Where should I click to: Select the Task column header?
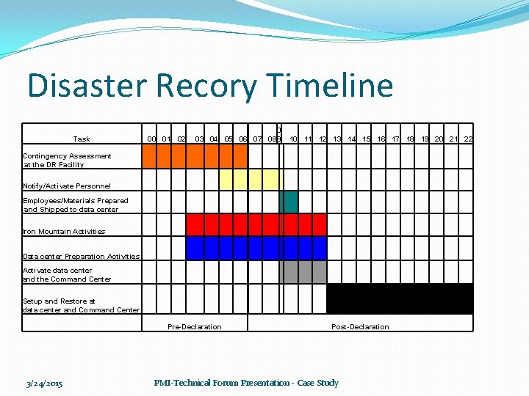point(82,139)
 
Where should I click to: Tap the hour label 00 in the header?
point(151,139)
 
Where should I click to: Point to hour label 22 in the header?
point(468,139)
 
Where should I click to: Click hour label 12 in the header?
point(322,139)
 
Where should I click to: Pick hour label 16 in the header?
point(381,139)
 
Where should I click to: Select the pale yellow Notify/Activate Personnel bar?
point(251,180)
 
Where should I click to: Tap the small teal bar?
point(289,202)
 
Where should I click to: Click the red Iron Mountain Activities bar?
point(256,224)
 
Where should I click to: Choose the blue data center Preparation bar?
point(256,248)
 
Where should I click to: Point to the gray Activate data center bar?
point(303,272)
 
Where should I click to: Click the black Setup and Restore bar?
point(399,298)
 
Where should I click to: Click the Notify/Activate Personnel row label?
point(67,186)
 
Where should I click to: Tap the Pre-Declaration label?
point(194,326)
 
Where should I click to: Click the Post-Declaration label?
point(360,326)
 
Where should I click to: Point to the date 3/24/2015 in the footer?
point(44,383)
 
